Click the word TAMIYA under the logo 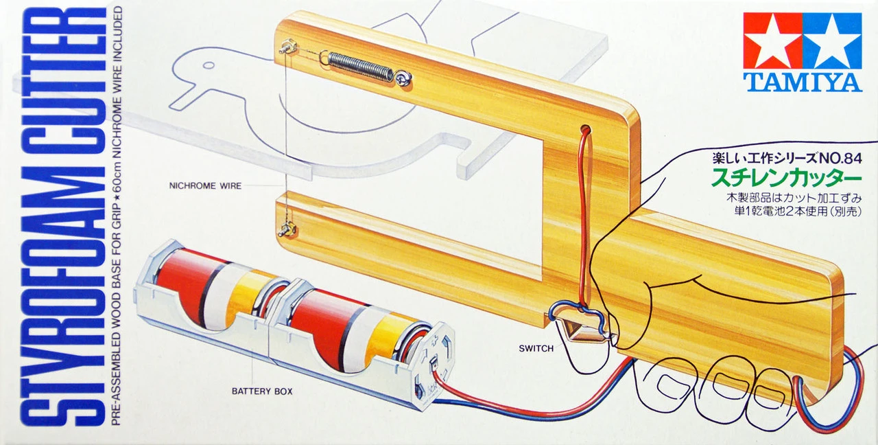(x=802, y=82)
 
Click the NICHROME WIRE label (x=206, y=185)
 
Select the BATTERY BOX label (x=262, y=391)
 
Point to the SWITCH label (x=536, y=348)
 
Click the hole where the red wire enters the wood (x=584, y=129)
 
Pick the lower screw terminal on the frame (x=285, y=227)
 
